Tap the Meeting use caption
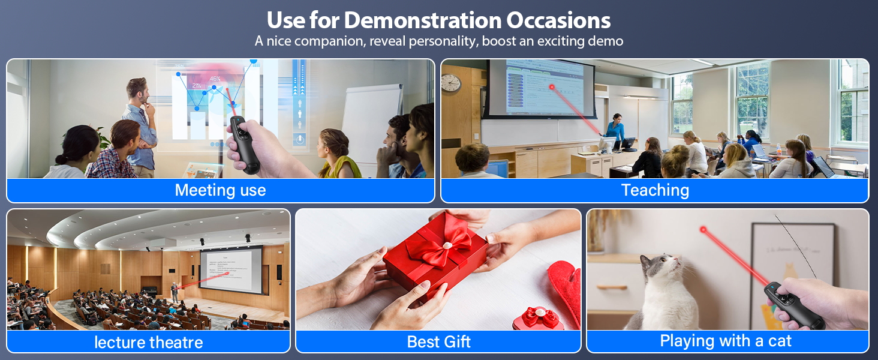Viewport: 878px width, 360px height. pyautogui.click(x=220, y=190)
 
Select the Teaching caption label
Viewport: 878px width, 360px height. pyautogui.click(x=655, y=190)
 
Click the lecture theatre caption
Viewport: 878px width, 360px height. pyautogui.click(x=148, y=342)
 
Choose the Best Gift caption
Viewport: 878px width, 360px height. pyautogui.click(x=438, y=341)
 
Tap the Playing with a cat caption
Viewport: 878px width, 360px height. pyautogui.click(x=726, y=341)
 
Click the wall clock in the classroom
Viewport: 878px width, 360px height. pyautogui.click(x=450, y=82)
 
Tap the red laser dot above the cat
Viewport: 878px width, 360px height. pyautogui.click(x=703, y=230)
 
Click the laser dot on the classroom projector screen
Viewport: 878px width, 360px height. pyautogui.click(x=552, y=88)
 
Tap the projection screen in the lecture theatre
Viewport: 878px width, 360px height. pyautogui.click(x=230, y=270)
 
